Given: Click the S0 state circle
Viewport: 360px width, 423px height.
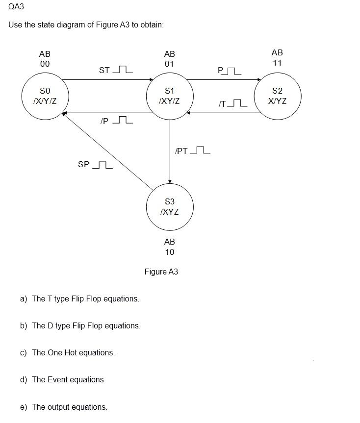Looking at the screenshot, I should tap(45, 96).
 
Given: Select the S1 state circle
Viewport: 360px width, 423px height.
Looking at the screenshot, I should tap(170, 96).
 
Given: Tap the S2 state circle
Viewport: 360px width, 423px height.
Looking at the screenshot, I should tap(277, 96).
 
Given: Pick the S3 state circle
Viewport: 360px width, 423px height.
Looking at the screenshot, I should tap(170, 207).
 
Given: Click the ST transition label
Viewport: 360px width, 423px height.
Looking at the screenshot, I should tap(104, 70).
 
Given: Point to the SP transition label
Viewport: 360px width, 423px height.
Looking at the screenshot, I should tap(84, 164).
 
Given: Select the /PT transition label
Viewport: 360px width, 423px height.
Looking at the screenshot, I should tap(181, 150).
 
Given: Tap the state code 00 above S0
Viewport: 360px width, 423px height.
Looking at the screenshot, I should tap(45, 64).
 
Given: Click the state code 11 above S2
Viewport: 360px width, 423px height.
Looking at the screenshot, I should tap(277, 63).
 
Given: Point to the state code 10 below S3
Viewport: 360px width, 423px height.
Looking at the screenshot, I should tap(170, 252).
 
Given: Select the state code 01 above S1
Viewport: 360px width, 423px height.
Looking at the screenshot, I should tap(170, 64).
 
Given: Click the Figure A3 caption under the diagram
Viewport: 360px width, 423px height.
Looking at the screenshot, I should tap(161, 272).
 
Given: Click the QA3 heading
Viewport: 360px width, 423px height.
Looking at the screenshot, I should tap(16, 7).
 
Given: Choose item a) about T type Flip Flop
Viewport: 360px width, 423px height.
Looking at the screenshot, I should tap(79, 299).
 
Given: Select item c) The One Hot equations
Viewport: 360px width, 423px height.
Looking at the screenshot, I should tap(68, 352).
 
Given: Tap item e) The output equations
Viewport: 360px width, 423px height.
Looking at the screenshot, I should tap(64, 407).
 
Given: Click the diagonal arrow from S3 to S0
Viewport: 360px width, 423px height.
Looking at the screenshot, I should tap(108, 151).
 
